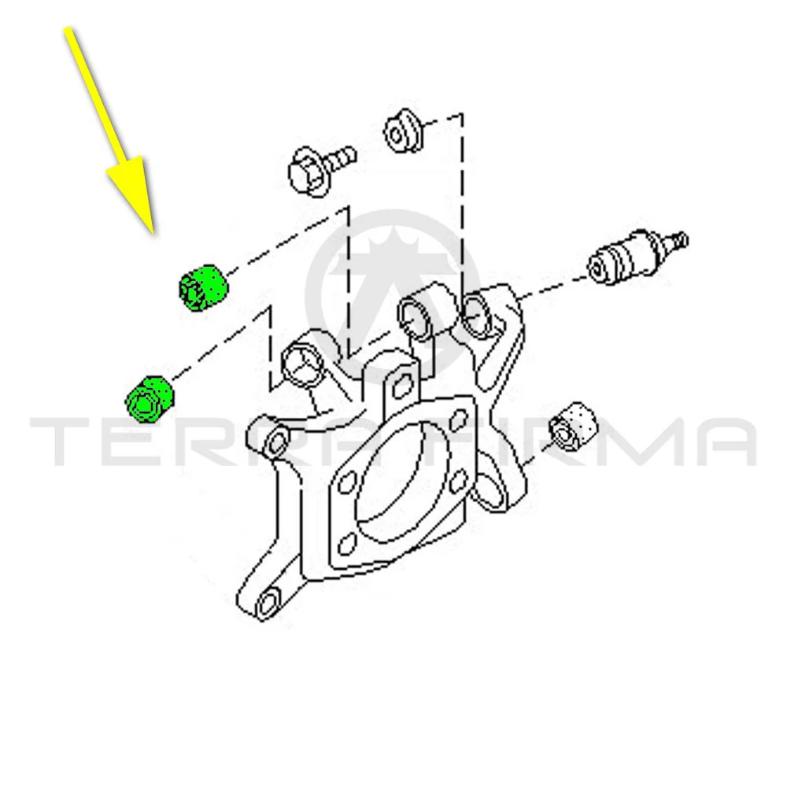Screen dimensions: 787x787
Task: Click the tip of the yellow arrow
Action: pyautogui.click(x=154, y=234)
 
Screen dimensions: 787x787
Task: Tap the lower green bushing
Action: pyautogui.click(x=149, y=398)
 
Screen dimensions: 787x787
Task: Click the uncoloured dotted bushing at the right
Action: pyautogui.click(x=573, y=427)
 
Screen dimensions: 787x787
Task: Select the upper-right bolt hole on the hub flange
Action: pyautogui.click(x=458, y=420)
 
